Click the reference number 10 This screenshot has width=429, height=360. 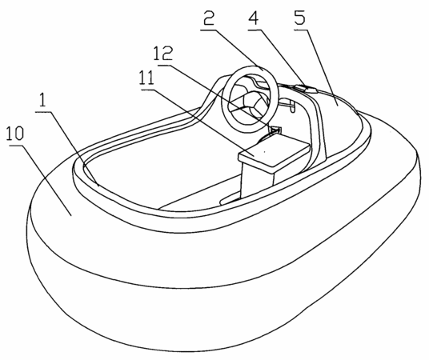point(15,134)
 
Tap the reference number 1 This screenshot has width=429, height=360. point(42,101)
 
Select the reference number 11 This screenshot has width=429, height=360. point(146,78)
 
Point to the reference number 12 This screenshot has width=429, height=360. point(162,54)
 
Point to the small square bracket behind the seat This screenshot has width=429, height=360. point(275,130)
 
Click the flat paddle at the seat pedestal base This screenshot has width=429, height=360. point(231,199)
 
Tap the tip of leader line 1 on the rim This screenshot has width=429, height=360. point(98,186)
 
